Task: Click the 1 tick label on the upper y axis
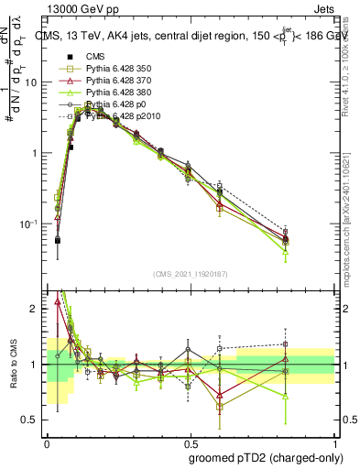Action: click(37, 153)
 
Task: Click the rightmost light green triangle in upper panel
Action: click(286, 251)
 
